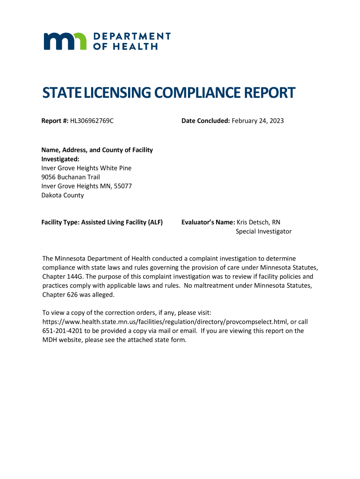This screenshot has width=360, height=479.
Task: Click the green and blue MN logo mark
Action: coord(65,41)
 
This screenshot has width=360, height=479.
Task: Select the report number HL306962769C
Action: coord(92,121)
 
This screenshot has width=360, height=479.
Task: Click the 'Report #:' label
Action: coord(55,121)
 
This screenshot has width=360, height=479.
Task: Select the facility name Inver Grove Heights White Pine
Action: coord(86,168)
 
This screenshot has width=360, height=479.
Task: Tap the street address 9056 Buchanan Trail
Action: coord(71,177)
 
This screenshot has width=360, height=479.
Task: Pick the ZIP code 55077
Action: coord(122,186)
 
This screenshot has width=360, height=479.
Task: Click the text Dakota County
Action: coord(63,195)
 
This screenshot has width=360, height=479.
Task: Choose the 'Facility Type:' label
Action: coord(61,223)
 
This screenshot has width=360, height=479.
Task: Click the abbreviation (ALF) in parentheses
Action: coord(155,223)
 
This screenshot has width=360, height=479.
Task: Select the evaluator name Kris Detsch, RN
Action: coord(259,223)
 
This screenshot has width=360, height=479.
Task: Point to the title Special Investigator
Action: coord(263,232)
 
